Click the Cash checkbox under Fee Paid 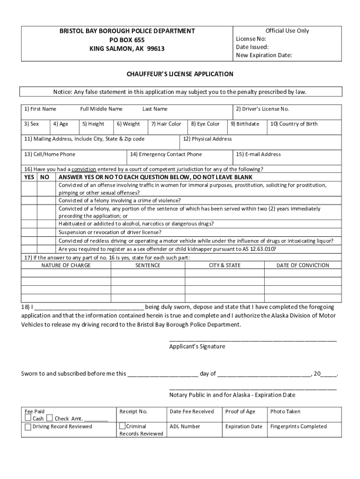29,418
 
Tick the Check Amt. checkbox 50,418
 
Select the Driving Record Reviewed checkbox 29,426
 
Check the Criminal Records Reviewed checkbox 122,426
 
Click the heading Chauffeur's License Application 180,74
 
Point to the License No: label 251,39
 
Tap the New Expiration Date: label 264,55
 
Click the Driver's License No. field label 262,109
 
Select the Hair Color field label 166,124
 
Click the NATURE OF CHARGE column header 66,265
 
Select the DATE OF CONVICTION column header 302,265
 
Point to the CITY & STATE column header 224,265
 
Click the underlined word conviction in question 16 84,169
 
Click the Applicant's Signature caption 197,347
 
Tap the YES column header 29,177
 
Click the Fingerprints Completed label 298,427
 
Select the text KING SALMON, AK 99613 127,49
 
